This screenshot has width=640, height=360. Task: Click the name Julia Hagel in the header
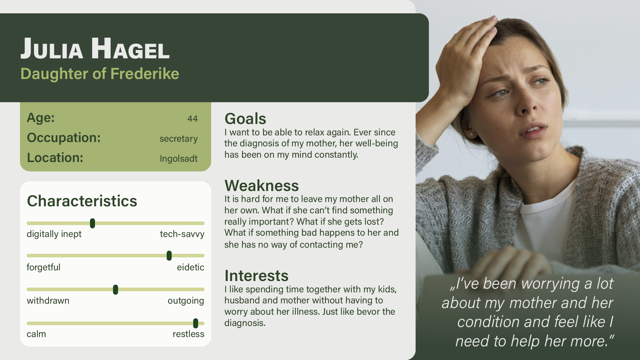(95, 48)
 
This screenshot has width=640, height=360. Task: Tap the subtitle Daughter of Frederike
(100, 74)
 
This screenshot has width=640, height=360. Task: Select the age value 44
(192, 119)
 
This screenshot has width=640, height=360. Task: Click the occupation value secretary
(178, 139)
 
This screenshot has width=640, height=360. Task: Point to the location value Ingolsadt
(178, 159)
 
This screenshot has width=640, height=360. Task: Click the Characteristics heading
(82, 201)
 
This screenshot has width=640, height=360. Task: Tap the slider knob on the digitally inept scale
(93, 223)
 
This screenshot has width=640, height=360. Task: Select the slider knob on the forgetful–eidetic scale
(169, 256)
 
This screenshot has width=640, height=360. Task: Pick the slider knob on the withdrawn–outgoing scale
(115, 290)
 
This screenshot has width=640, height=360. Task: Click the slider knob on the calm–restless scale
(196, 323)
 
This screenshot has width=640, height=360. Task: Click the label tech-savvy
(182, 234)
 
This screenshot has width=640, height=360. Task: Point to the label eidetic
(190, 267)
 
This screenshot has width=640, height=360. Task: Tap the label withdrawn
(48, 301)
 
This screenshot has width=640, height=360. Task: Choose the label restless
(188, 334)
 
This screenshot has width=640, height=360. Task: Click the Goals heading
(245, 119)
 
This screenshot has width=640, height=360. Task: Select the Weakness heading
(262, 186)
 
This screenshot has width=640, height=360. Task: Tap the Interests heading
(256, 276)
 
